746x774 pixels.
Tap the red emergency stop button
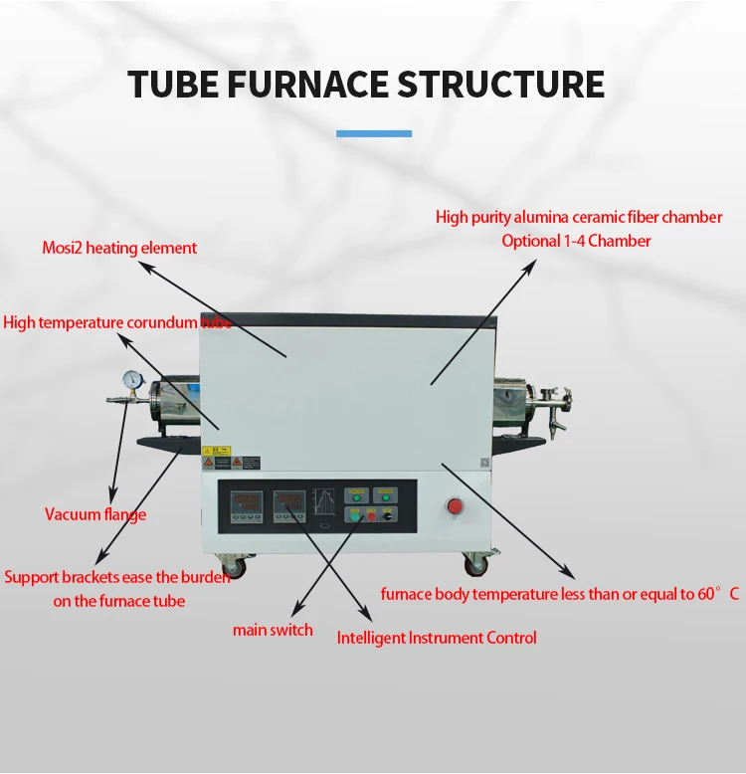pyautogui.click(x=457, y=506)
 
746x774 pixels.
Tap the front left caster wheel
pyautogui.click(x=240, y=568)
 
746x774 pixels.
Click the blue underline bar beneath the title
pyautogui.click(x=373, y=132)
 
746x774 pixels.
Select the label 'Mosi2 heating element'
pyautogui.click(x=119, y=248)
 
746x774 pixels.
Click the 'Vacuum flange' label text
pyautogui.click(x=95, y=514)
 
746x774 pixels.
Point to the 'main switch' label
pyautogui.click(x=273, y=630)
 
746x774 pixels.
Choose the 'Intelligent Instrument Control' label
pyautogui.click(x=437, y=638)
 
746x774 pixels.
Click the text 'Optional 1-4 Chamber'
pyautogui.click(x=576, y=241)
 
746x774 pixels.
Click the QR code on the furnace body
pyautogui.click(x=483, y=463)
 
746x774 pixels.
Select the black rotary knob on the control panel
pyautogui.click(x=389, y=516)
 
